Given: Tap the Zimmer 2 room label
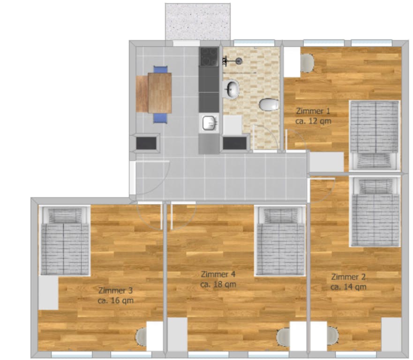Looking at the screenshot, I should pyautogui.click(x=348, y=276).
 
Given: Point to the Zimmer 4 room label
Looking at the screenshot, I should pyautogui.click(x=218, y=274).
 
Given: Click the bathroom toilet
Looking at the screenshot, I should pyautogui.click(x=269, y=105).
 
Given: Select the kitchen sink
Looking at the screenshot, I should pyautogui.click(x=209, y=123).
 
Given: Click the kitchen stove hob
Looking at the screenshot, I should pyautogui.click(x=209, y=57).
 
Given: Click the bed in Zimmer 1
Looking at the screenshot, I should pyautogui.click(x=375, y=134).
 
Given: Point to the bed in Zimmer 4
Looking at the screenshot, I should pyautogui.click(x=280, y=241).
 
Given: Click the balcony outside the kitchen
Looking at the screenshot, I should pyautogui.click(x=197, y=22).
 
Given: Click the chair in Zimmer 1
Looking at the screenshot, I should pyautogui.click(x=307, y=63).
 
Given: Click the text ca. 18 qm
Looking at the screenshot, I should pyautogui.click(x=218, y=284).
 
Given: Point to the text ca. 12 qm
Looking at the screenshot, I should pyautogui.click(x=314, y=120).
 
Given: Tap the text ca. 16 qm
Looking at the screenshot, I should pyautogui.click(x=116, y=300).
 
